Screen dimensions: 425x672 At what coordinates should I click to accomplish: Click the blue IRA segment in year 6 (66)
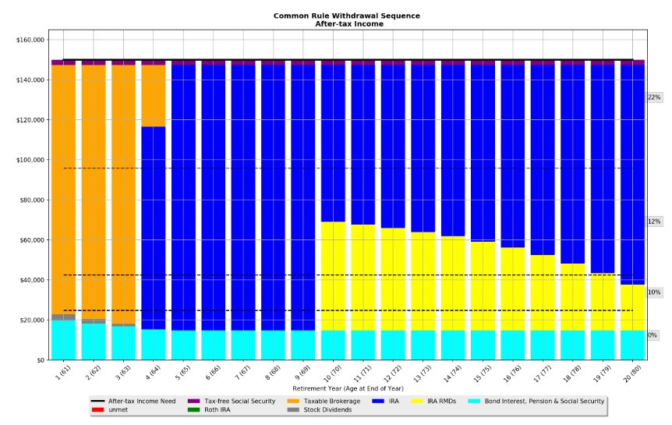tap(213, 195)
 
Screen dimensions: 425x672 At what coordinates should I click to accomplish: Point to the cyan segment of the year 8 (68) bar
tap(273, 345)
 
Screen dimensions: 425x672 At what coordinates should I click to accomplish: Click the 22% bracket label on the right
tap(653, 97)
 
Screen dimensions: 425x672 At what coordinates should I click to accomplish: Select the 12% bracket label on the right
tap(653, 221)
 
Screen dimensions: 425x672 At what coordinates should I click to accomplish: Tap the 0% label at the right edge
tap(652, 335)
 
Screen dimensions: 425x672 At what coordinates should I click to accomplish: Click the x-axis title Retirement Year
tap(348, 388)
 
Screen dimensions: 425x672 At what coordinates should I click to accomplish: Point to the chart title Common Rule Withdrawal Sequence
tap(346, 16)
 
